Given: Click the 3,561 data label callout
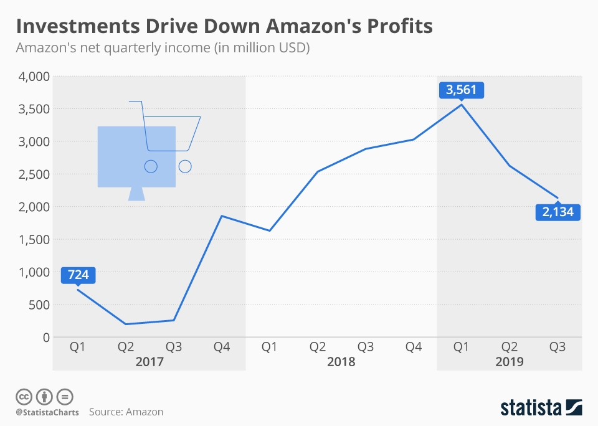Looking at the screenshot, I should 461,90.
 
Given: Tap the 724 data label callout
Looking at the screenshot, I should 77,274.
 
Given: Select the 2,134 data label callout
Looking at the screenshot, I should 558,212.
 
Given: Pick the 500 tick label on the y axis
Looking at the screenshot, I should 37,305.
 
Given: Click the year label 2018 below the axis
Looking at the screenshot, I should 341,362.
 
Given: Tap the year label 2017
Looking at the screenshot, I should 149,362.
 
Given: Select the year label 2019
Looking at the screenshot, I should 509,362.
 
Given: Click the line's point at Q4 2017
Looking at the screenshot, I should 222,216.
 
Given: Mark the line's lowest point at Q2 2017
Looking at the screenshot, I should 125,324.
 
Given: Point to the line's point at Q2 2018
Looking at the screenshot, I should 318,171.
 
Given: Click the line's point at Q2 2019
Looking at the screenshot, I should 510,166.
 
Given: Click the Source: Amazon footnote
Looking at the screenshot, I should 126,412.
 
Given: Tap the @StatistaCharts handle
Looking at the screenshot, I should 46,412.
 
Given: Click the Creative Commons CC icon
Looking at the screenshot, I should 24,396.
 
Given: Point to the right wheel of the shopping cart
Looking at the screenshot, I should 185,166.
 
